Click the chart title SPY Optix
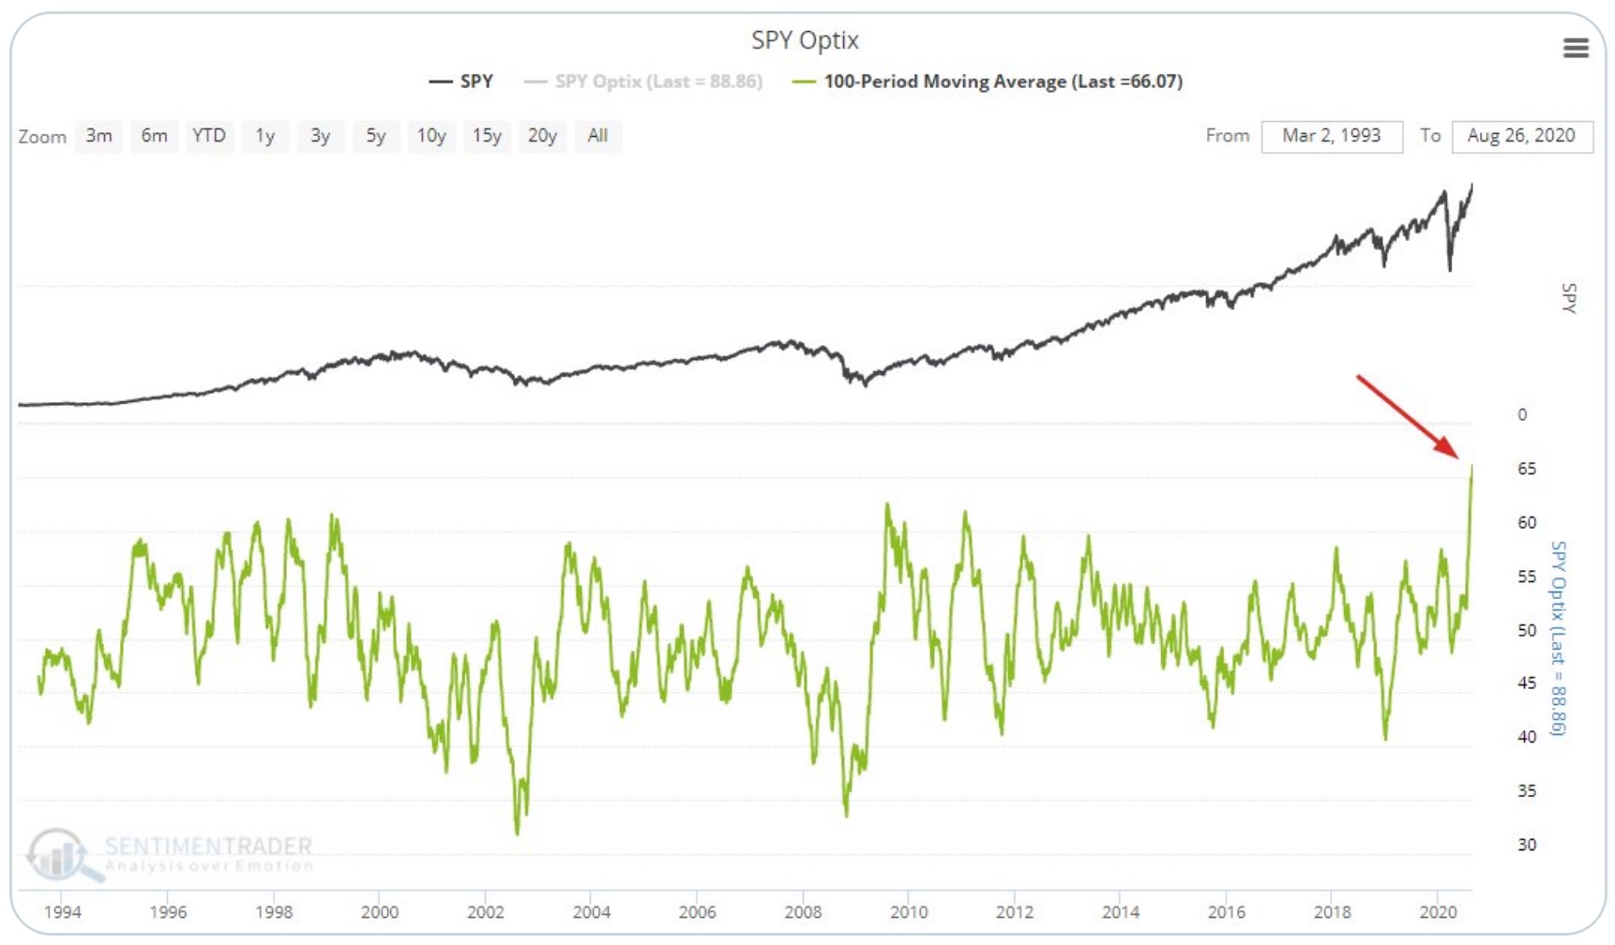[x=805, y=40]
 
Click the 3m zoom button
[x=98, y=136]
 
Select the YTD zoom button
[x=208, y=136]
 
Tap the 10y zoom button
[x=431, y=136]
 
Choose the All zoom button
[x=597, y=136]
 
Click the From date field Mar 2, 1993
[x=1331, y=136]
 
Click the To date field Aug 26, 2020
[x=1521, y=136]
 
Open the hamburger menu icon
[x=1576, y=48]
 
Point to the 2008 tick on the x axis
[x=803, y=911]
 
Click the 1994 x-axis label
[x=63, y=911]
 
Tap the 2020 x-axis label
[x=1438, y=911]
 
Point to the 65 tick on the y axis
[x=1527, y=469]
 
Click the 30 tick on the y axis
[x=1527, y=845]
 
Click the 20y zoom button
[x=542, y=136]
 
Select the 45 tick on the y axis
[x=1527, y=683]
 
